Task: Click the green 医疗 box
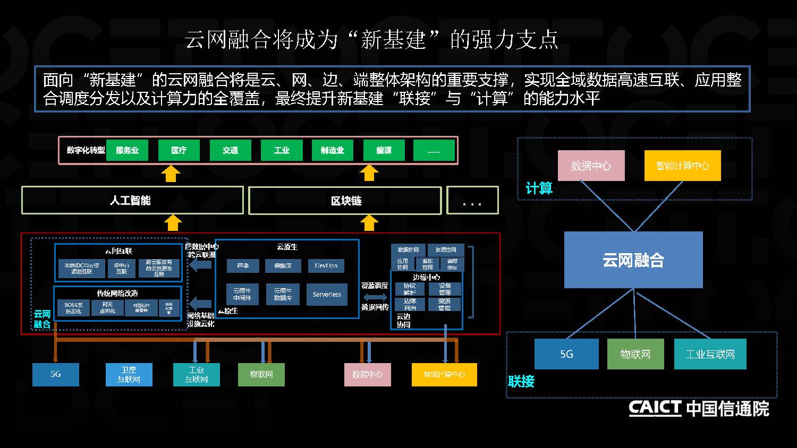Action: click(x=179, y=150)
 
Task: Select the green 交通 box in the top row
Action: click(x=230, y=150)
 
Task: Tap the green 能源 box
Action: click(x=384, y=150)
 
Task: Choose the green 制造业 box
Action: click(x=332, y=150)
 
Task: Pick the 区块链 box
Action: click(x=345, y=201)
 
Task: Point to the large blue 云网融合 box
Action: click(x=633, y=260)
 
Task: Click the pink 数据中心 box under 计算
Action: click(x=591, y=166)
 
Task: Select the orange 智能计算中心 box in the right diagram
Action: click(x=682, y=166)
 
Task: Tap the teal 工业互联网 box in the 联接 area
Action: click(x=710, y=354)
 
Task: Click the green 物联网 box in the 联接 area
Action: click(x=635, y=354)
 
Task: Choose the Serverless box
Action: click(x=327, y=295)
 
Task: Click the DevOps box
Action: click(x=326, y=265)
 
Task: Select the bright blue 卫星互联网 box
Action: click(x=129, y=375)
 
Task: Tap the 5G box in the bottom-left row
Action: click(x=56, y=374)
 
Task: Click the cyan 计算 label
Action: click(x=539, y=188)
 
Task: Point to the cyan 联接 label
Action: click(x=521, y=381)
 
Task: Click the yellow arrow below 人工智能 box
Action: click(x=172, y=223)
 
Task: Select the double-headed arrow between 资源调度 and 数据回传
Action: click(x=375, y=297)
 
